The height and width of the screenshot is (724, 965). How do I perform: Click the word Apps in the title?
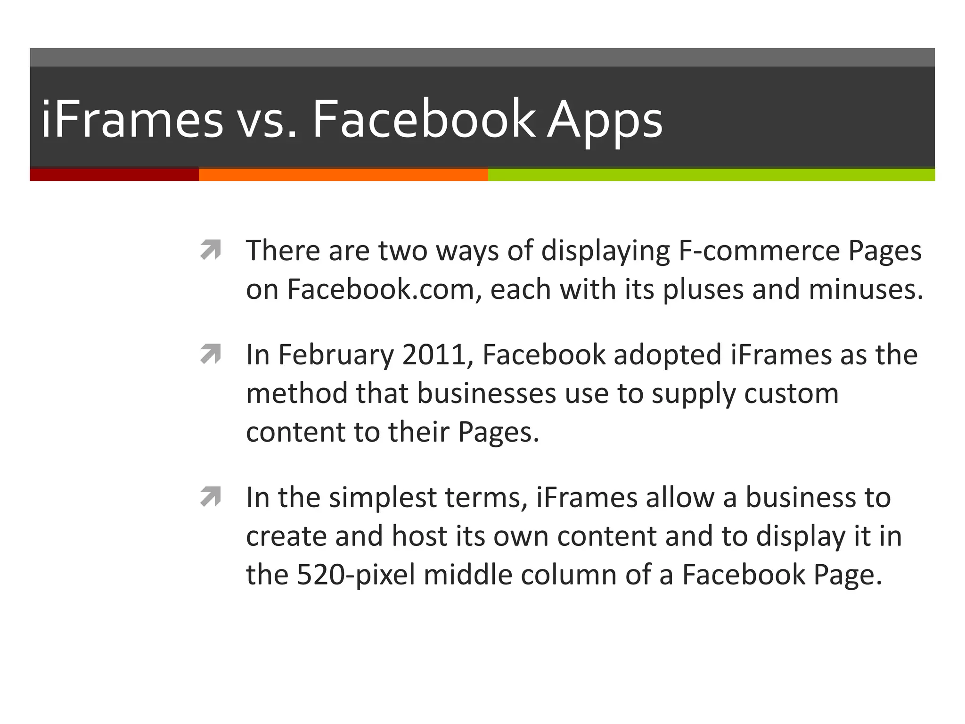pos(605,120)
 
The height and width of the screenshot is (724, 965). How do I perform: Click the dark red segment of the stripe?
pos(114,174)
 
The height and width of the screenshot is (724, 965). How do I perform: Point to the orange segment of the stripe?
pos(343,174)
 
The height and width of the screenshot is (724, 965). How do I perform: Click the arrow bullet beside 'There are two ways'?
pos(210,250)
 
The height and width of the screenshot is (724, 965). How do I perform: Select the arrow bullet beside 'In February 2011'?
pos(210,354)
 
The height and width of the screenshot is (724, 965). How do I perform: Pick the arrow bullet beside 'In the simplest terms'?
pos(210,497)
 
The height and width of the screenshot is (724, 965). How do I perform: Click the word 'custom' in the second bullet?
pos(791,394)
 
